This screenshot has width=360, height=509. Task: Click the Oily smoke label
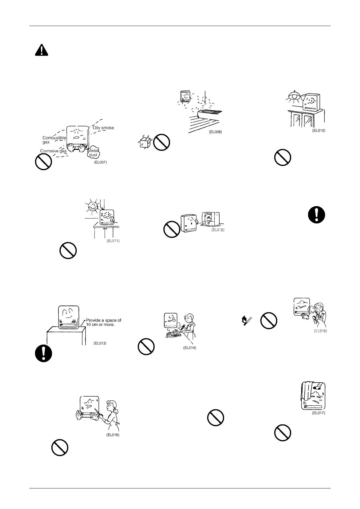(103, 128)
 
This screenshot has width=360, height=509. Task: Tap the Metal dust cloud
(93, 153)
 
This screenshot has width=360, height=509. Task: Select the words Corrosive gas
(53, 151)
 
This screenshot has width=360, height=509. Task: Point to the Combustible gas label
(54, 140)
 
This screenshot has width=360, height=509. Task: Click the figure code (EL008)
(215, 132)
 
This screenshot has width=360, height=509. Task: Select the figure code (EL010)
(318, 131)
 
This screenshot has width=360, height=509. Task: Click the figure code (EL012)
(217, 230)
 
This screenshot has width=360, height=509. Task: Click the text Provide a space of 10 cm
(103, 322)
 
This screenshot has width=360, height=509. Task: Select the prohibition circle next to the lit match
(268, 321)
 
